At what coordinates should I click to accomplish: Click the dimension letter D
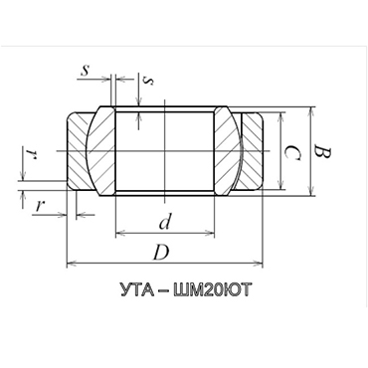pyautogui.click(x=161, y=253)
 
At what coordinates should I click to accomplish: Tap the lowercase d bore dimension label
pyautogui.click(x=165, y=222)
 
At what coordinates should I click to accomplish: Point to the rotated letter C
pyautogui.click(x=292, y=153)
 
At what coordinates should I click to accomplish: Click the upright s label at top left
pyautogui.click(x=86, y=70)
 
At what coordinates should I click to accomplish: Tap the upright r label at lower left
pyautogui.click(x=40, y=206)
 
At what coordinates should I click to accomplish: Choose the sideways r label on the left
pyautogui.click(x=32, y=154)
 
